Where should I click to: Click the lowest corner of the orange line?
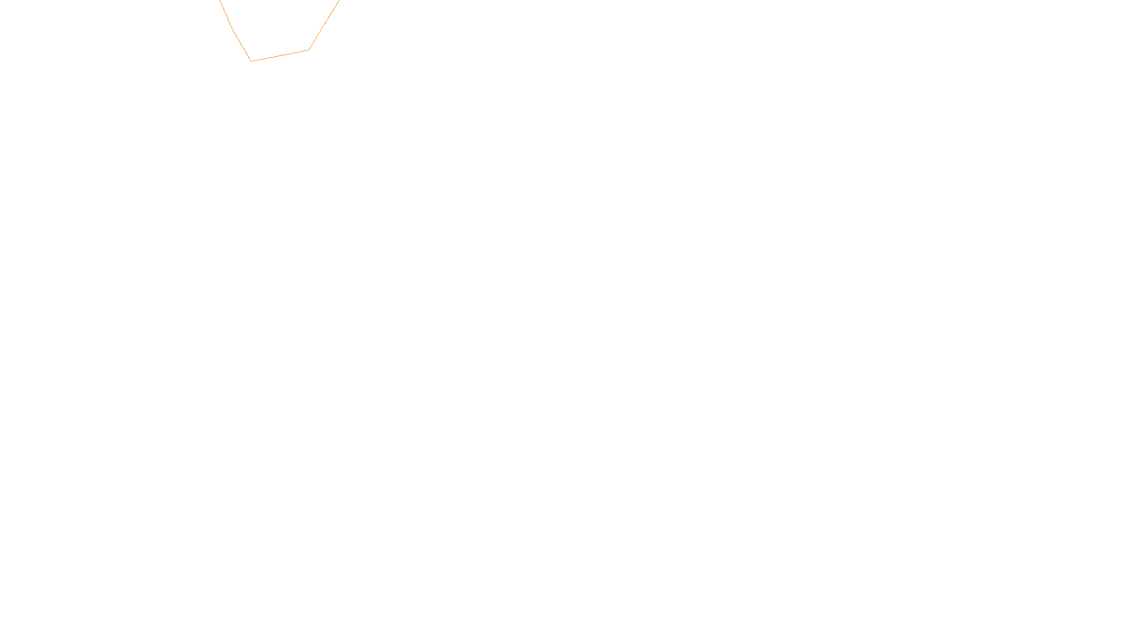coord(252,61)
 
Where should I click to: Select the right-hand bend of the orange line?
coord(308,50)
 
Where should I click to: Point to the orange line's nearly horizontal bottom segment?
coord(280,55)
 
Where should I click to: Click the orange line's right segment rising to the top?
coord(324,25)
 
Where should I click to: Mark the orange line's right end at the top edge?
coord(339,1)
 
